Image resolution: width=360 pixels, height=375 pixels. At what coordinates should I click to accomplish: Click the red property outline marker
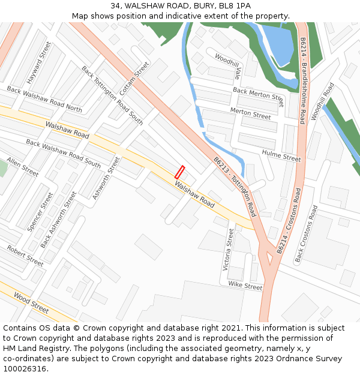click(x=179, y=172)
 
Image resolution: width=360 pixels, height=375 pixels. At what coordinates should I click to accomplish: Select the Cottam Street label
click(x=134, y=79)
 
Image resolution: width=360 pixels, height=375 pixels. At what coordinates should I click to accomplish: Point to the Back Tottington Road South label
click(x=112, y=95)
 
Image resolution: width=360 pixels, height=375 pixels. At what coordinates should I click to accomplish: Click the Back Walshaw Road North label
click(x=44, y=99)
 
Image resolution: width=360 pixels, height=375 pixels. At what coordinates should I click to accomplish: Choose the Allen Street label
click(x=23, y=167)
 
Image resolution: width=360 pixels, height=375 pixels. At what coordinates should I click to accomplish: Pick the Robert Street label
click(x=25, y=256)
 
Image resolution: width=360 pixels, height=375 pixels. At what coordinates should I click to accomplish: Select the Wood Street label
click(x=31, y=303)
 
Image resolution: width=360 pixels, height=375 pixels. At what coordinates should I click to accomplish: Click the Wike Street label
click(x=245, y=286)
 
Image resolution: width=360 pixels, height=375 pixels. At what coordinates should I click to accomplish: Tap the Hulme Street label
click(x=281, y=156)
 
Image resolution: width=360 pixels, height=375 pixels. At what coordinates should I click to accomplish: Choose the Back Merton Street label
click(x=259, y=94)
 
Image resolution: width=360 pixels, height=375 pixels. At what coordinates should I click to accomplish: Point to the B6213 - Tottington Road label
click(x=235, y=187)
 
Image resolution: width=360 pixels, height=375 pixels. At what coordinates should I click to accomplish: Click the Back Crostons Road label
click(x=305, y=234)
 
